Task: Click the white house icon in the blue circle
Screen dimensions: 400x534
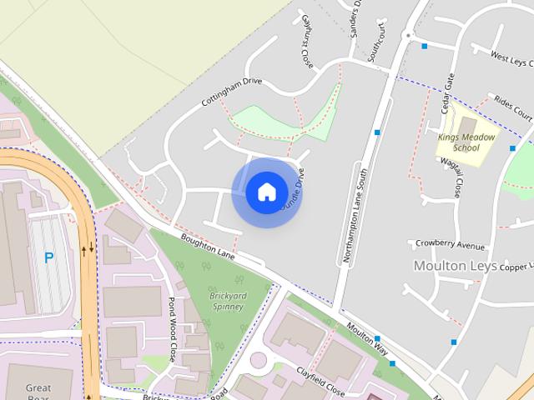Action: (266, 192)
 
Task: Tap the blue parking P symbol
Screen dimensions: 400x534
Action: (48, 258)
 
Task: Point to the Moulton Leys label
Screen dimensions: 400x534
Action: (451, 265)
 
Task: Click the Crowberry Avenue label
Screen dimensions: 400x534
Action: (450, 246)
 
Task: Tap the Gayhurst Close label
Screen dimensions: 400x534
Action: (306, 40)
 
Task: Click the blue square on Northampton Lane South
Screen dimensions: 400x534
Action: (378, 132)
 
